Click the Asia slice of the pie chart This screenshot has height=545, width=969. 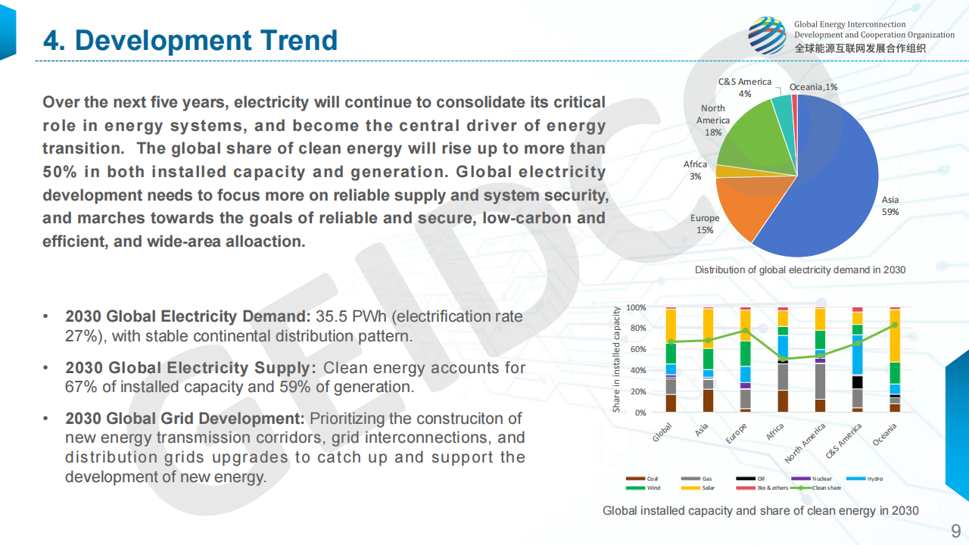(825, 189)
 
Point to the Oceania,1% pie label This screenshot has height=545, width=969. (813, 87)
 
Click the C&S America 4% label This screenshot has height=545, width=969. (745, 87)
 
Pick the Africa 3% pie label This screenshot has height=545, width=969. (695, 170)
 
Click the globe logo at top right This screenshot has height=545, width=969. (767, 36)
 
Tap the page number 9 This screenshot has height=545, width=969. (955, 529)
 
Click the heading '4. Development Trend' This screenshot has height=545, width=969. (190, 40)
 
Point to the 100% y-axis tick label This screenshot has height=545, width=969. (636, 307)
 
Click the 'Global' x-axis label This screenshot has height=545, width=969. (662, 433)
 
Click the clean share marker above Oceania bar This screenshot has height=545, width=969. (895, 325)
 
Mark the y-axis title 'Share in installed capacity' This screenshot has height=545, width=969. (616, 360)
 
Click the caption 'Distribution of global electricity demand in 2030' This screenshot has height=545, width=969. (799, 270)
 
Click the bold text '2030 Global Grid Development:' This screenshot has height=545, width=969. (185, 419)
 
